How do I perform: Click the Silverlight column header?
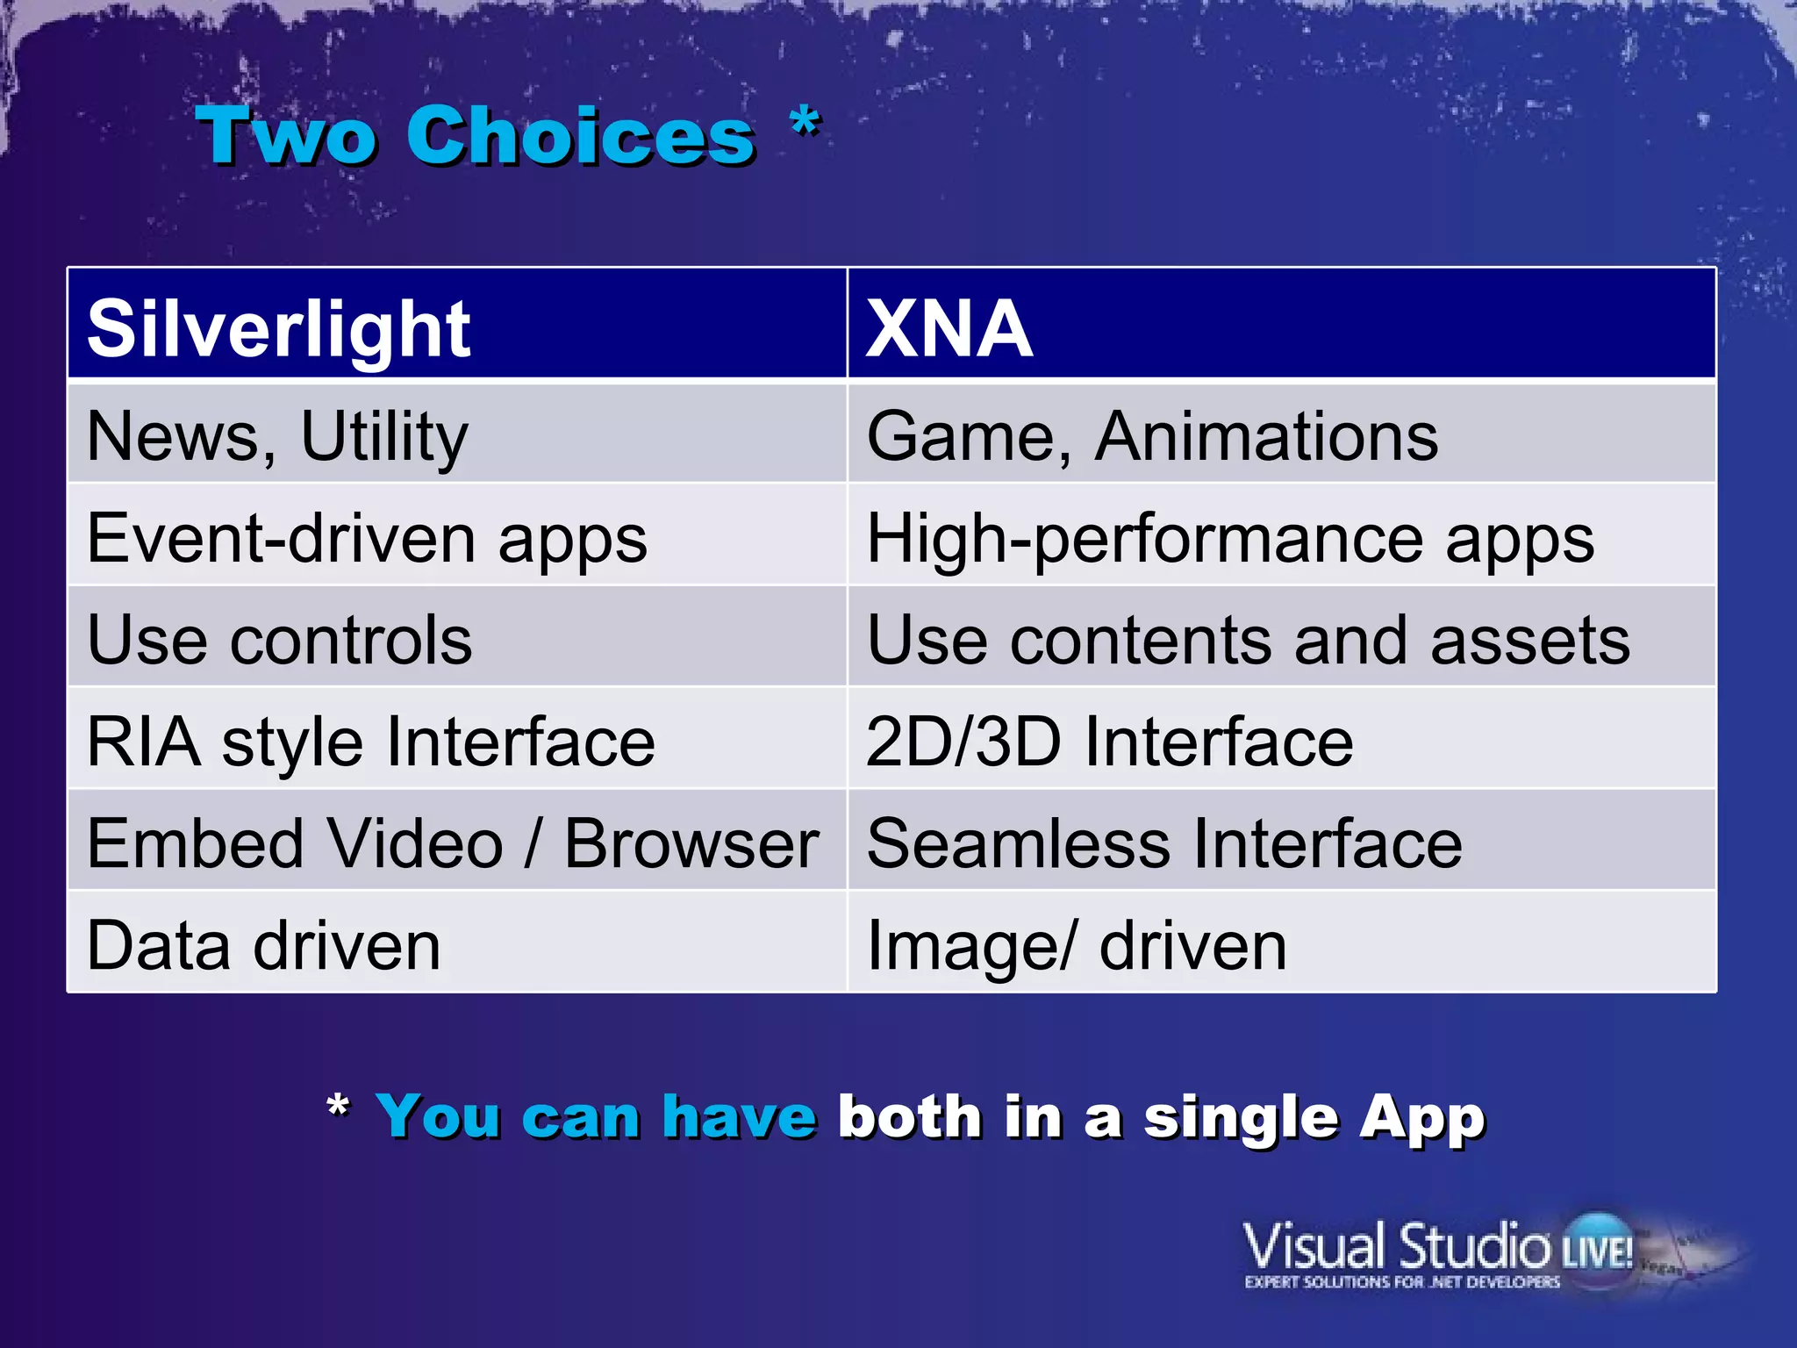click(279, 328)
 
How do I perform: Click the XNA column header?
click(949, 328)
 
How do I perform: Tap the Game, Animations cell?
click(1151, 436)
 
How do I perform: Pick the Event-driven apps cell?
click(367, 538)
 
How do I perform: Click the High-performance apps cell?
click(1229, 538)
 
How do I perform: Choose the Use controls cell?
click(279, 640)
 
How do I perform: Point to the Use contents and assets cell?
click(1247, 640)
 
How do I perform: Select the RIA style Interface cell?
click(370, 742)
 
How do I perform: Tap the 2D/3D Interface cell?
click(1109, 742)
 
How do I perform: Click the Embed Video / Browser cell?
click(453, 843)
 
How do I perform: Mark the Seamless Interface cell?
click(1163, 843)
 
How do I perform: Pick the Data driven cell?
click(263, 945)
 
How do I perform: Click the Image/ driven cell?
click(1076, 945)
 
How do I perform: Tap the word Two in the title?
click(287, 136)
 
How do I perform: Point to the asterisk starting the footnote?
click(338, 1107)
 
